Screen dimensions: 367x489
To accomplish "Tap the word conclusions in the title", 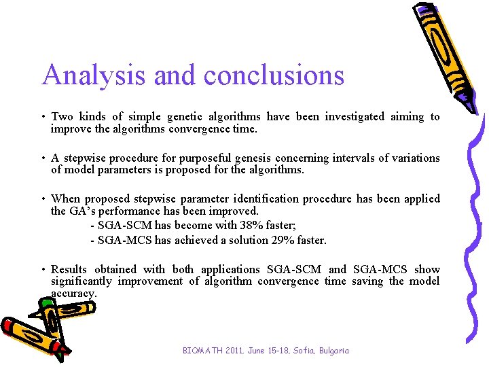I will click(x=274, y=75).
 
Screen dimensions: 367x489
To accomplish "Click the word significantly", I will click(x=81, y=281).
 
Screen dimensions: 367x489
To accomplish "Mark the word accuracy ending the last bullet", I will click(x=74, y=293).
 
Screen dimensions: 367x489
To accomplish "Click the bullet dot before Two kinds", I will click(x=43, y=118).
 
